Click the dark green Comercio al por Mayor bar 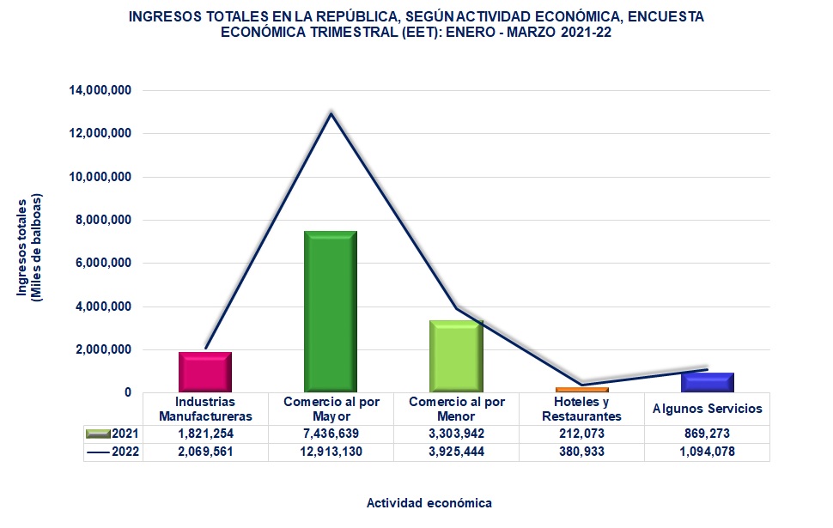coord(331,311)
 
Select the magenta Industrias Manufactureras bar coord(204,371)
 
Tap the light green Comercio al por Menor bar coord(456,355)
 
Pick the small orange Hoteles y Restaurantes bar coord(582,390)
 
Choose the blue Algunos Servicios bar coord(708,382)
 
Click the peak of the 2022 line coord(331,112)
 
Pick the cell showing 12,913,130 coord(331,452)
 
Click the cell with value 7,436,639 coord(331,434)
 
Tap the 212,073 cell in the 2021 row coord(582,434)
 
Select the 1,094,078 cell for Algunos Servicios coord(708,452)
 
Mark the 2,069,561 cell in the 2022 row coord(204,452)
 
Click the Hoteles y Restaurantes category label coord(582,409)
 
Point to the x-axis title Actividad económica coord(429,502)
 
